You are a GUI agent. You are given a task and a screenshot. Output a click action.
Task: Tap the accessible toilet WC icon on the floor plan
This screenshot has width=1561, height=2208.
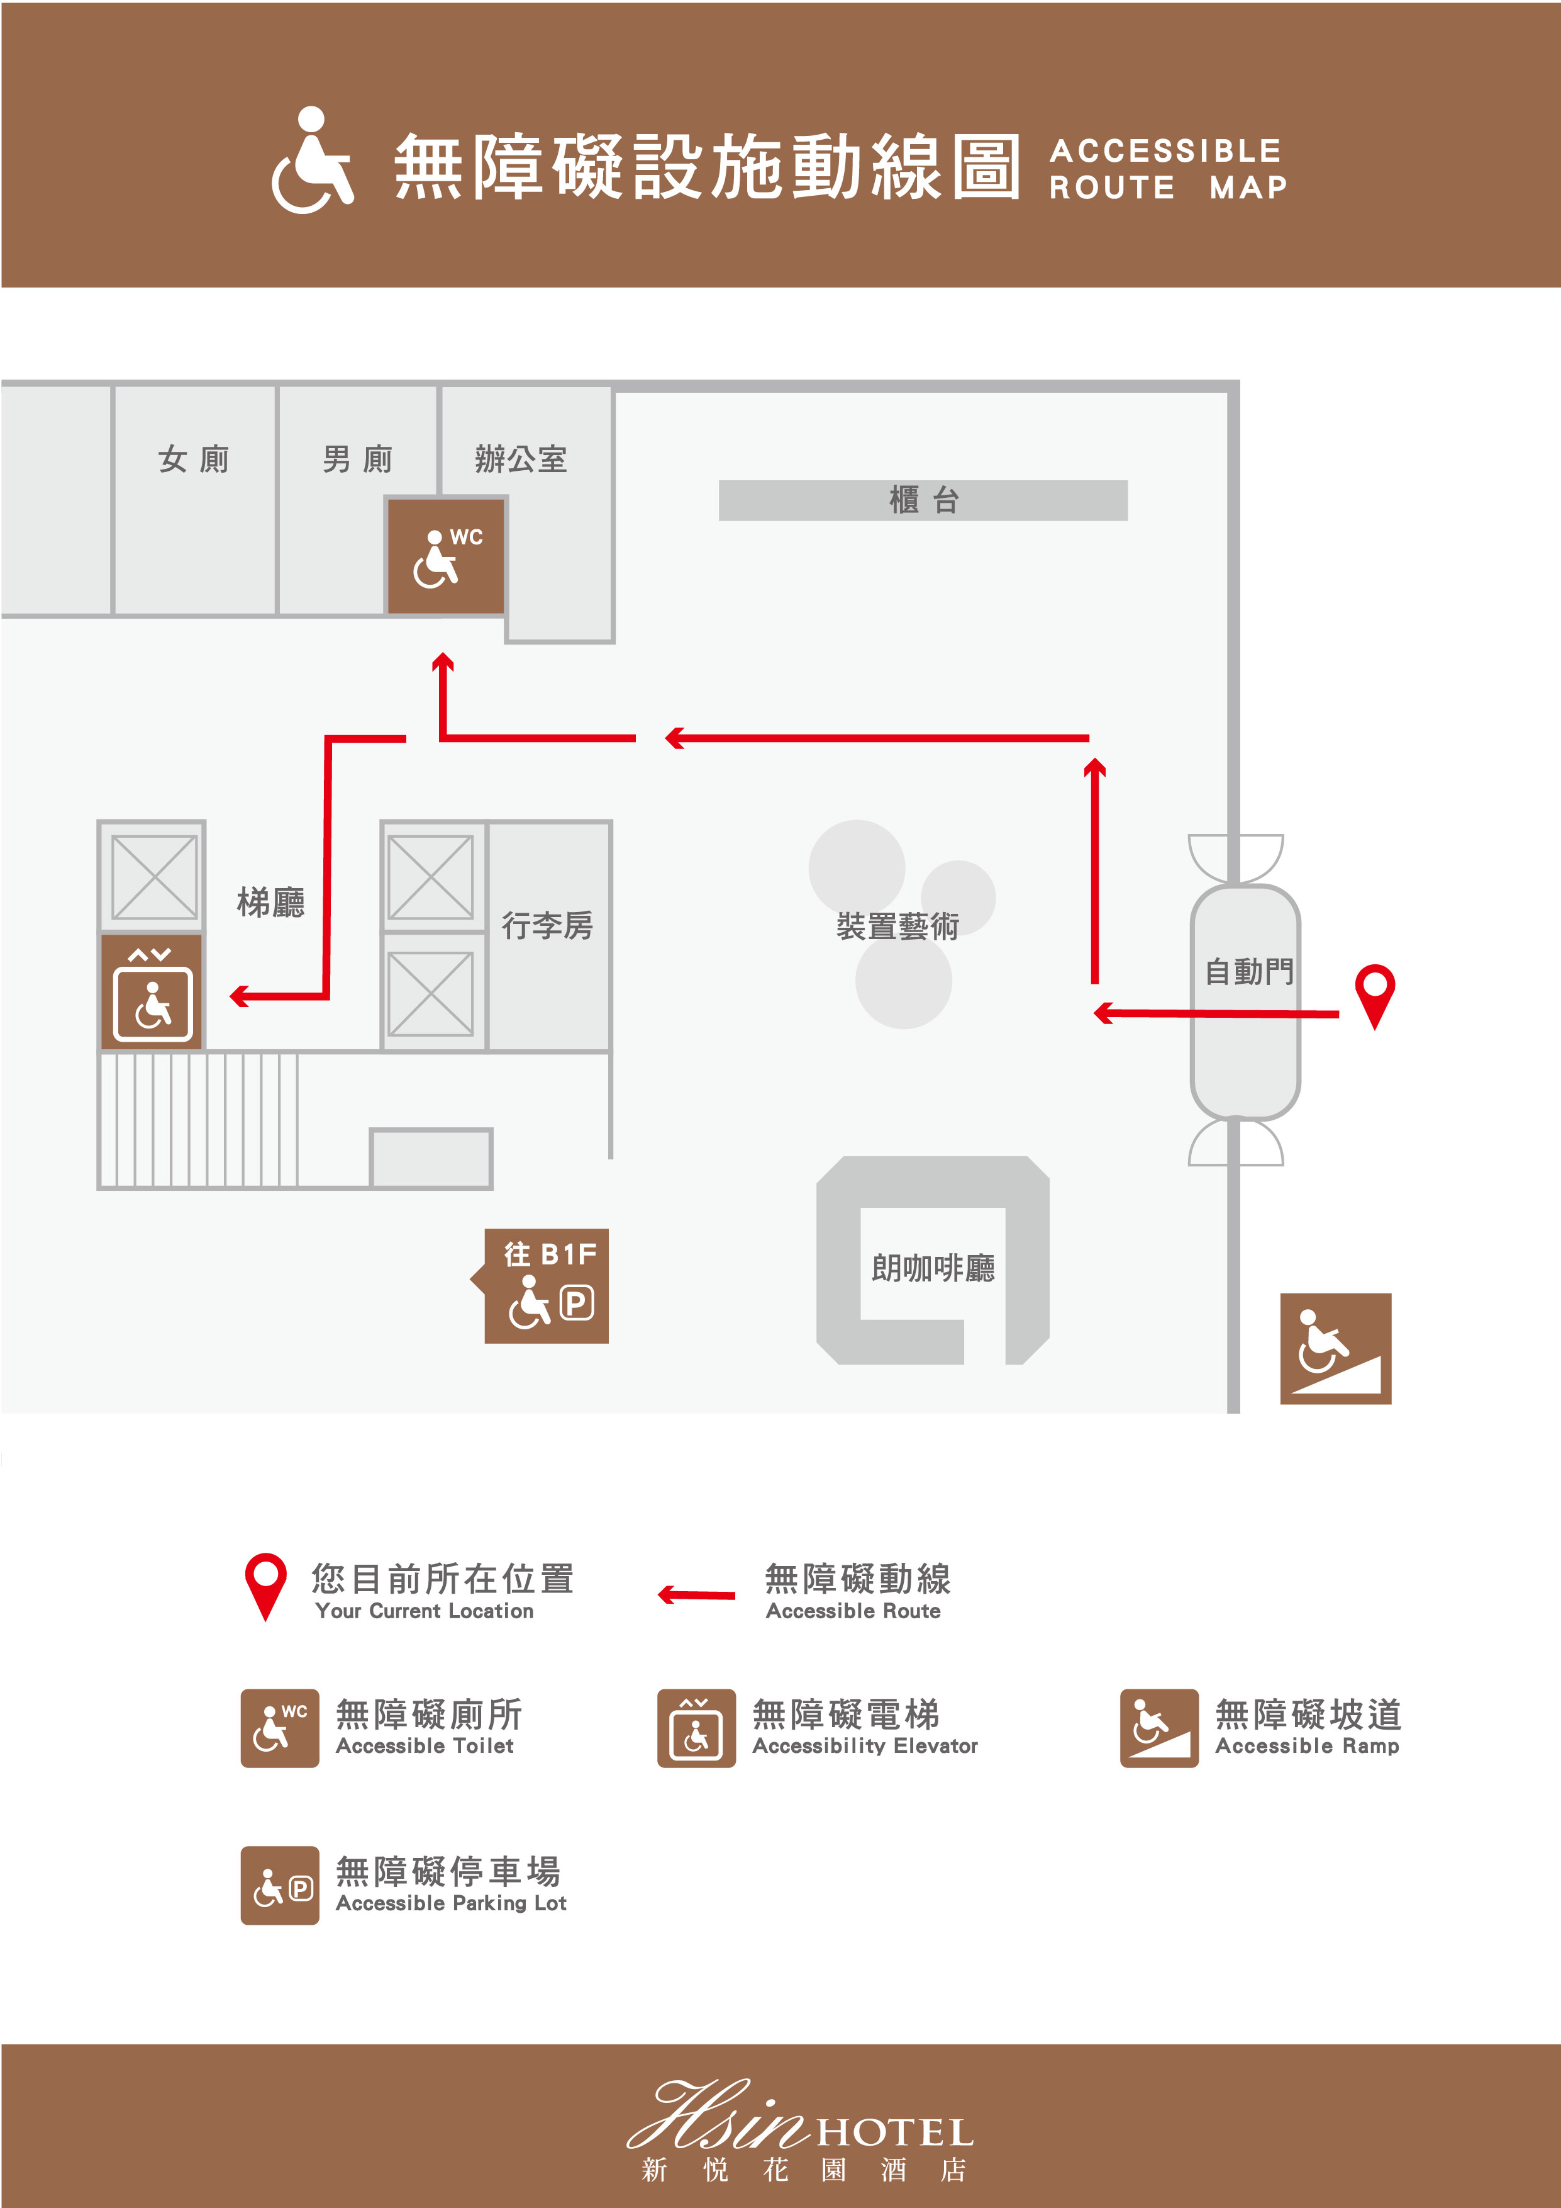point(446,556)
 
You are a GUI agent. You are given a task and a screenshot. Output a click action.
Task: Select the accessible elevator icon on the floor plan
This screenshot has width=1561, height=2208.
point(152,991)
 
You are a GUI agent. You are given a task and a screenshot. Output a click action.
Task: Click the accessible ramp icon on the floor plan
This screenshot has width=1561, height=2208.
point(1335,1348)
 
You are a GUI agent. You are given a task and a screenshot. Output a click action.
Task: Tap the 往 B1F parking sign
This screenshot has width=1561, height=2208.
point(548,1286)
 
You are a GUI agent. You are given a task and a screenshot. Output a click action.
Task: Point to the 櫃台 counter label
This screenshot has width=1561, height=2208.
point(923,500)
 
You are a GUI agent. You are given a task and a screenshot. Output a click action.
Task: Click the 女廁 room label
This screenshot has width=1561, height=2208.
point(194,459)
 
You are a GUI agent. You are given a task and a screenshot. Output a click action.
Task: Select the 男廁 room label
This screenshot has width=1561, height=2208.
point(358,459)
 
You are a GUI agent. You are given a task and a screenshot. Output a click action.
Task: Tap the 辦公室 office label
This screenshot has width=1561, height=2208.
point(521,459)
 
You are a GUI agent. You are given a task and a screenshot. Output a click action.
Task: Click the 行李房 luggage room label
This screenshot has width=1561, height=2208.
point(547,925)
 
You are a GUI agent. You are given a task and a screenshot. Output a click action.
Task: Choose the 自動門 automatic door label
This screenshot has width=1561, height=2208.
point(1248,971)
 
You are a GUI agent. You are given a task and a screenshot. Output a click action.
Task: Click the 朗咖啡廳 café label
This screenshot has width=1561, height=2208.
point(932,1268)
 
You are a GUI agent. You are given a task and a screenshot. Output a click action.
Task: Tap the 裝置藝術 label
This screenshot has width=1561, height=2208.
point(897,926)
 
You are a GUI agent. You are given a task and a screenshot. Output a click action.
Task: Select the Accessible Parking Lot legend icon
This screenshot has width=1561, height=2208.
point(280,1885)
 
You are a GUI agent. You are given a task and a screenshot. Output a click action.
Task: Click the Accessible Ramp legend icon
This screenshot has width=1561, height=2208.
point(1158,1728)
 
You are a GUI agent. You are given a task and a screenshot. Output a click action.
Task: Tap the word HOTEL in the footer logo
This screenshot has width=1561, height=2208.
point(894,2133)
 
